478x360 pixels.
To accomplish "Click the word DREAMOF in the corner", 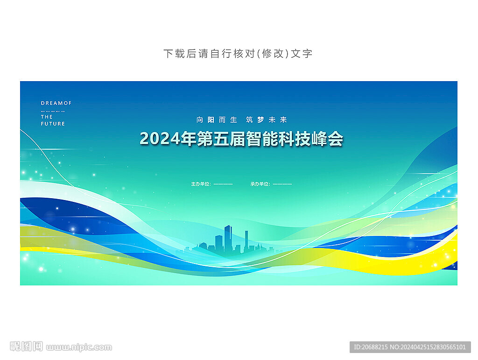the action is [56, 103].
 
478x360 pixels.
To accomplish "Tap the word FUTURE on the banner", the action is [53, 124].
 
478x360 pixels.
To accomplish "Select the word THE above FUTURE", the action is [47, 117].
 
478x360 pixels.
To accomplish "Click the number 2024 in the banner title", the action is [160, 139].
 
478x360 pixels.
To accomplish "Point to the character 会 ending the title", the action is [336, 139].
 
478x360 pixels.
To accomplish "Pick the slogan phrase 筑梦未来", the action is [267, 120].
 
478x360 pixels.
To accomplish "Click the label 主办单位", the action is [200, 184].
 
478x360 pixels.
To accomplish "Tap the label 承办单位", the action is [260, 184].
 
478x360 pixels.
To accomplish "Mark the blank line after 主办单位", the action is [223, 184].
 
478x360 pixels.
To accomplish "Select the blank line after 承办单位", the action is [282, 184].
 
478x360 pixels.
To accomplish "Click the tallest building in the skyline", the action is [228, 239].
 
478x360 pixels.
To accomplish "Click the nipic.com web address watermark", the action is [79, 347].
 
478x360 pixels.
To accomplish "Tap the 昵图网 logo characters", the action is [26, 346].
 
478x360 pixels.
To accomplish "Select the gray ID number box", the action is [410, 347].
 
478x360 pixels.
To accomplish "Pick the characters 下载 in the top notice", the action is [175, 54].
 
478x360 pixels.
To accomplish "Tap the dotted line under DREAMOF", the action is [53, 111].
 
